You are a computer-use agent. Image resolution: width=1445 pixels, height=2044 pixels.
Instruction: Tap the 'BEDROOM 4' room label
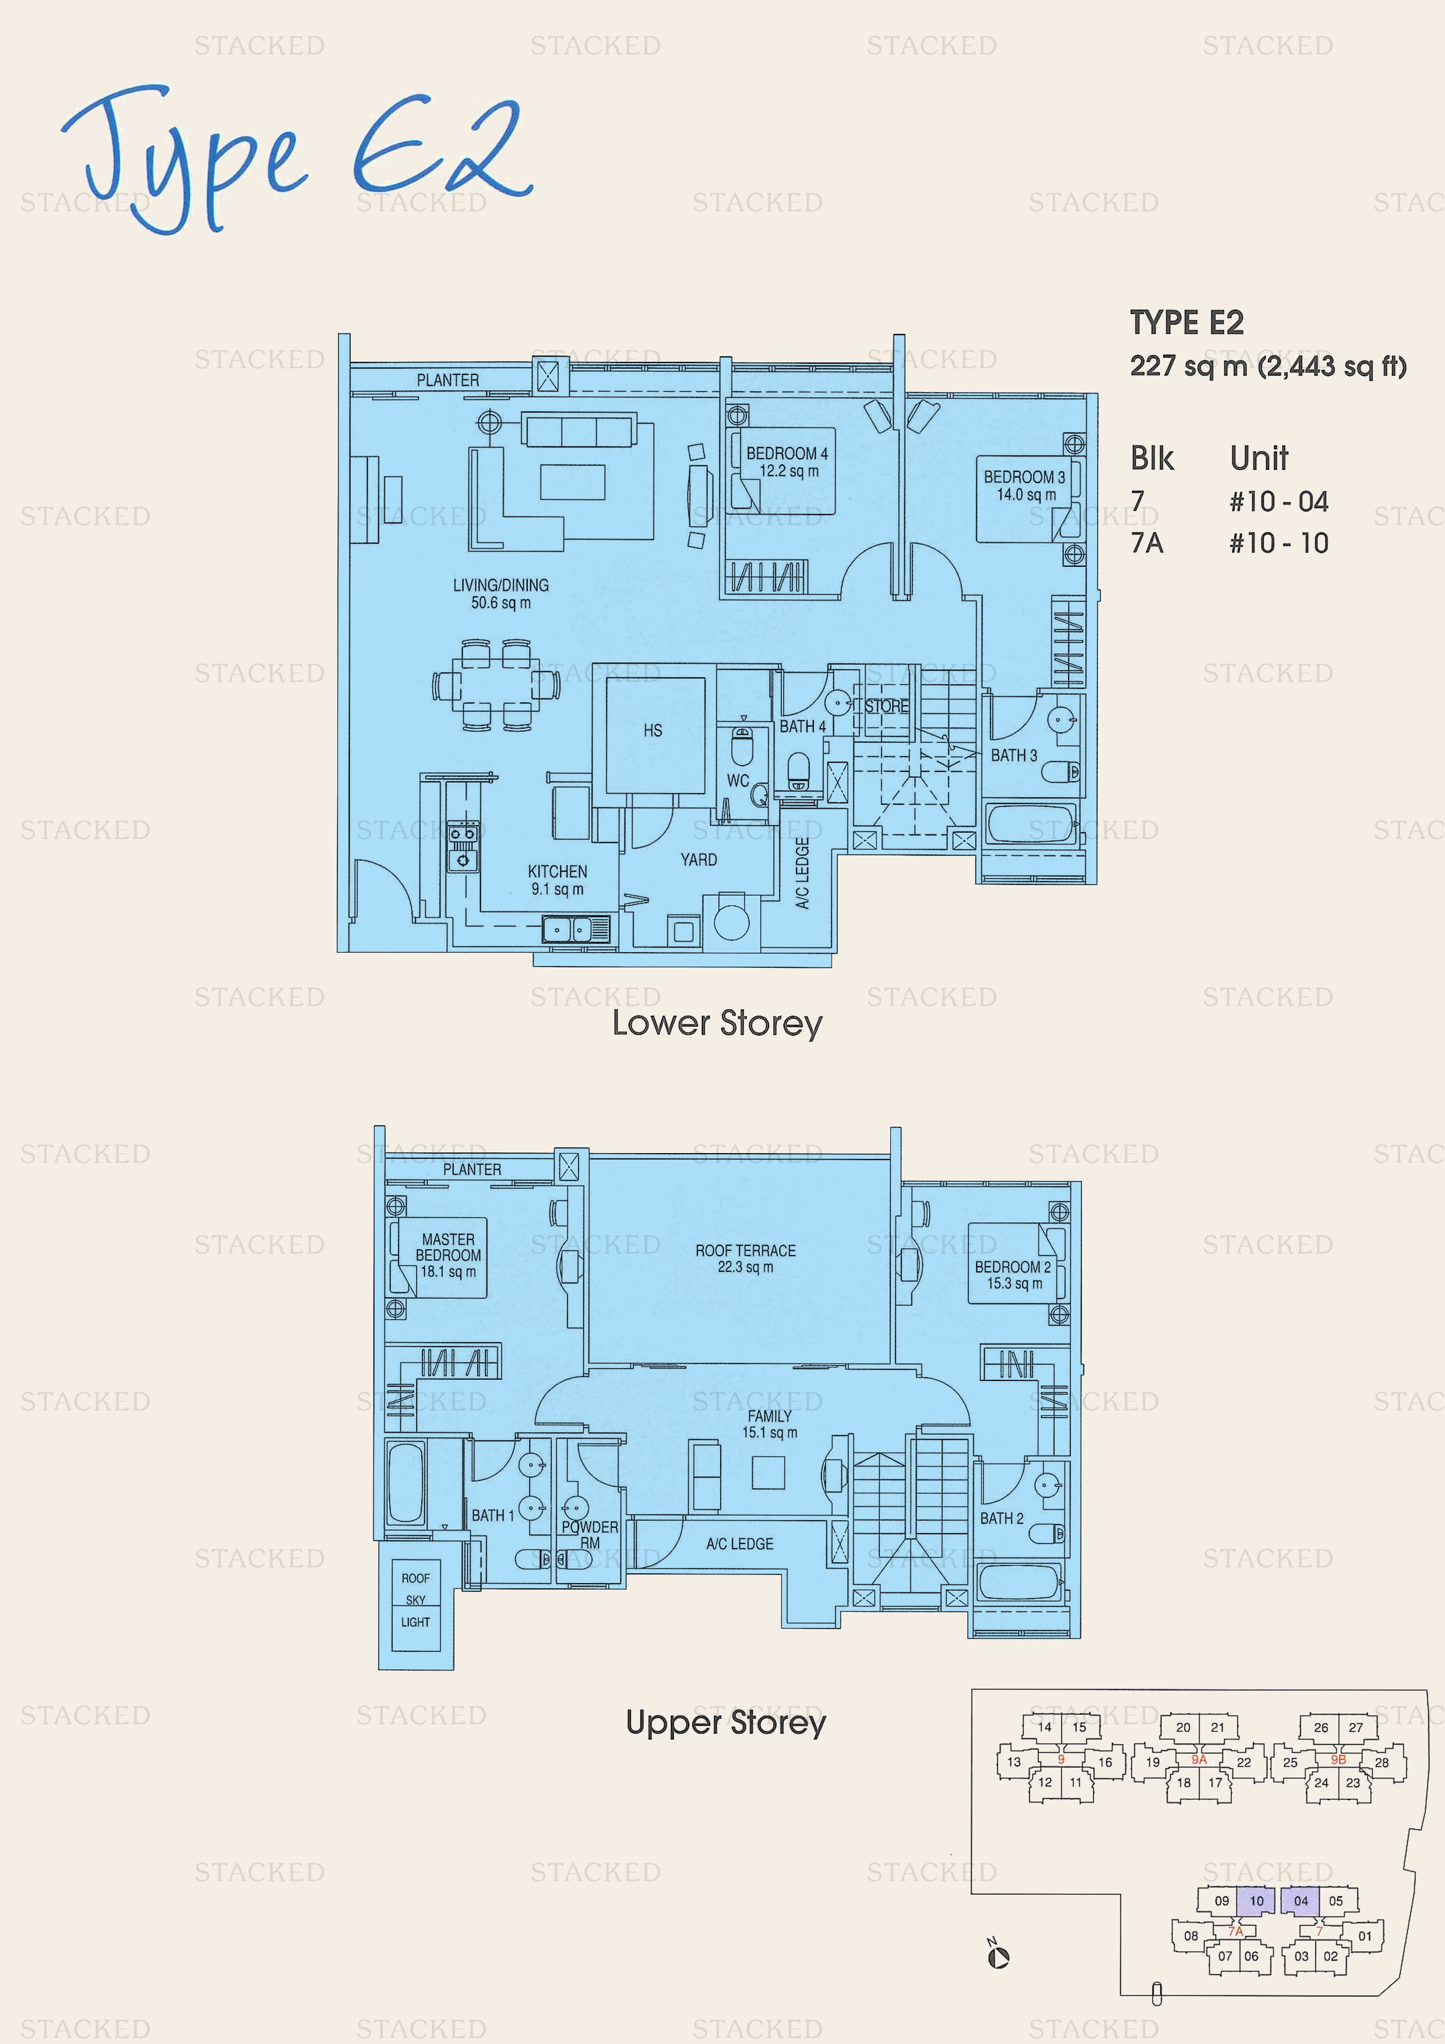(x=787, y=453)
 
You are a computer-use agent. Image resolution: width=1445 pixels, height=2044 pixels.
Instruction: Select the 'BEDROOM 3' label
(x=1024, y=477)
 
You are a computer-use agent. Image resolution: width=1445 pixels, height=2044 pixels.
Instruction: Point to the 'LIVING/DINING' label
(x=501, y=585)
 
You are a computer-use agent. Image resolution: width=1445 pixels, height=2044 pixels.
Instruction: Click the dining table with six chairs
(x=496, y=685)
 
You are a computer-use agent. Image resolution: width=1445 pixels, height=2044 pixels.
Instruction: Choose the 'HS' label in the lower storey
(x=653, y=730)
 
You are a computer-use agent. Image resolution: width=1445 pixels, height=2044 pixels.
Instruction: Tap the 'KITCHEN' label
(x=558, y=872)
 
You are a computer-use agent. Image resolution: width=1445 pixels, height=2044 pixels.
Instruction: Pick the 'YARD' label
(x=699, y=860)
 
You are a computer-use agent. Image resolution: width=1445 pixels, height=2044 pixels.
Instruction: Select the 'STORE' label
(x=887, y=706)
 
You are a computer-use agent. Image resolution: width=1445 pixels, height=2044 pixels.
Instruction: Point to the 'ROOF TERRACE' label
(x=745, y=1251)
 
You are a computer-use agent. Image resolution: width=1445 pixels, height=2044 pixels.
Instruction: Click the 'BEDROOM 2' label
(x=1013, y=1267)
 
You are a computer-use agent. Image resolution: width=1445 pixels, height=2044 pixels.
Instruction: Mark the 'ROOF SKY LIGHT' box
(x=416, y=1604)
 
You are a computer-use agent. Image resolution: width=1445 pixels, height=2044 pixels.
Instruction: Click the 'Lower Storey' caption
(x=717, y=1023)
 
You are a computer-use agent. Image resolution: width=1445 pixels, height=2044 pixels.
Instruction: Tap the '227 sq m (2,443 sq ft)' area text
(x=1268, y=366)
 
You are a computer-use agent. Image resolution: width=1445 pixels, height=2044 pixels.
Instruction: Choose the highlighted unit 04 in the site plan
(x=1300, y=1901)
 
